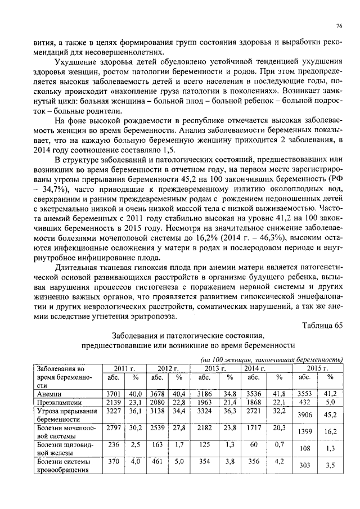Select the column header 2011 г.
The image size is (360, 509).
(124, 368)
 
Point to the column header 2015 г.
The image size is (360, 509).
(317, 368)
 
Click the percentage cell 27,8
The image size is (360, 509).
(179, 430)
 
